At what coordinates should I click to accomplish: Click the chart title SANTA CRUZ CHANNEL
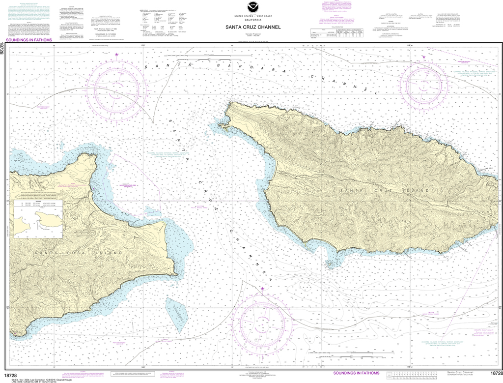(x=251, y=27)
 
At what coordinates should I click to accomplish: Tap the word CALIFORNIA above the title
(x=251, y=20)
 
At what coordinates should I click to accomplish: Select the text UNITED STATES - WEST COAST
(x=251, y=16)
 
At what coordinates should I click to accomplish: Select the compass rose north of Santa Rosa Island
(x=116, y=89)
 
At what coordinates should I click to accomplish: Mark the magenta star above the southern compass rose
(x=262, y=289)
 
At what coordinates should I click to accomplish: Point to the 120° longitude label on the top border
(x=143, y=45)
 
